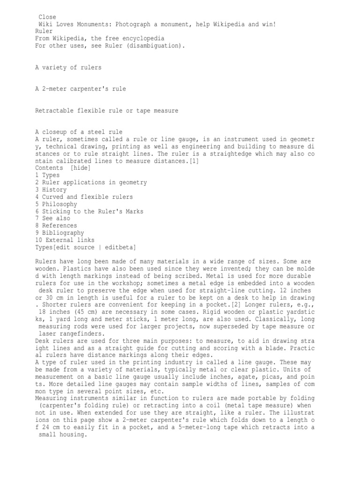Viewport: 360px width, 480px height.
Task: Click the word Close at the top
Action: click(x=47, y=17)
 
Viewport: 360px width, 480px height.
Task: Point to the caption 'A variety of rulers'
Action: click(x=68, y=67)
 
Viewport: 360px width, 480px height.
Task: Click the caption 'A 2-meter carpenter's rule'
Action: click(x=81, y=89)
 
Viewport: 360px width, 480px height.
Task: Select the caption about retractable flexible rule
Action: click(x=106, y=111)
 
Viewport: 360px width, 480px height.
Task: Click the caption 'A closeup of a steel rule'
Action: click(x=79, y=132)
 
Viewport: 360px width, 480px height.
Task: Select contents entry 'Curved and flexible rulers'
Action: click(x=84, y=197)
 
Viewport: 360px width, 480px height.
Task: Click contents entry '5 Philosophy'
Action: click(x=56, y=204)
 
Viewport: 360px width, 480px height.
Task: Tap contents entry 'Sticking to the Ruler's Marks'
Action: click(x=89, y=211)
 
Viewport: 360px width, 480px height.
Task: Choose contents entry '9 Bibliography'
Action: click(x=60, y=233)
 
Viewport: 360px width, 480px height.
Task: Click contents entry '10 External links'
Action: click(x=65, y=240)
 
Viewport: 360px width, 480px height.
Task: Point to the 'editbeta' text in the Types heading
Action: click(x=120, y=247)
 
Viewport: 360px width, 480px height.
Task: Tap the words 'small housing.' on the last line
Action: click(x=62, y=435)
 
